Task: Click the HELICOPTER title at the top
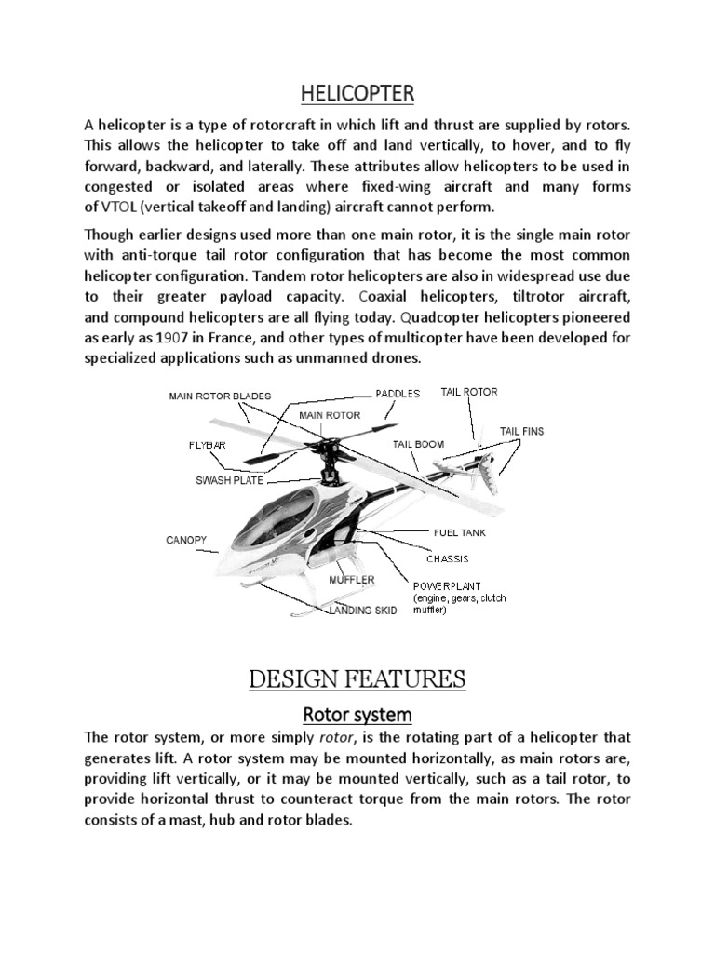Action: point(357,93)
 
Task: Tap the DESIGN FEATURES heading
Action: point(357,679)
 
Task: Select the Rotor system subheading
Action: point(357,715)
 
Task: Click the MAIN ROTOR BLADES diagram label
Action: point(219,396)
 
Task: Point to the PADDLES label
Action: point(398,393)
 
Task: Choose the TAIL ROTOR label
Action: point(469,392)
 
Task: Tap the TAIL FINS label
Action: point(521,431)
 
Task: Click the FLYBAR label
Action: point(207,446)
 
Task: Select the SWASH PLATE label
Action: point(229,481)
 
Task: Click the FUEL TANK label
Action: point(460,533)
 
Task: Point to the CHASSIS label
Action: point(447,559)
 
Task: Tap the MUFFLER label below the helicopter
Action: point(351,580)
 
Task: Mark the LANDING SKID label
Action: point(362,611)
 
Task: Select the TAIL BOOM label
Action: point(418,445)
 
